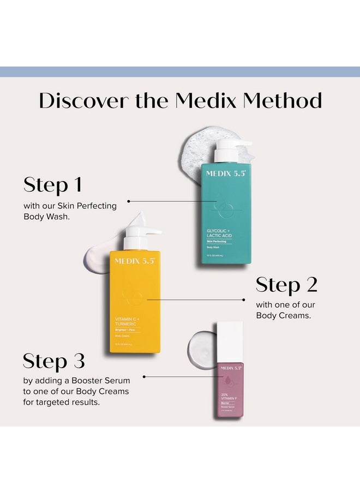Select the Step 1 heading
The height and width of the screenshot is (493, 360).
(x=52, y=185)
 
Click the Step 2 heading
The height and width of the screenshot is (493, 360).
(x=286, y=285)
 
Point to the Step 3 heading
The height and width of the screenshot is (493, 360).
(x=54, y=361)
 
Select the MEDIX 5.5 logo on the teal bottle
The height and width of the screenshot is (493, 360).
(x=226, y=173)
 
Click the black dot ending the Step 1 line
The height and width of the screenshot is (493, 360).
(x=129, y=201)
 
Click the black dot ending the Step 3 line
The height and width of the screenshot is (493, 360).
(x=144, y=376)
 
